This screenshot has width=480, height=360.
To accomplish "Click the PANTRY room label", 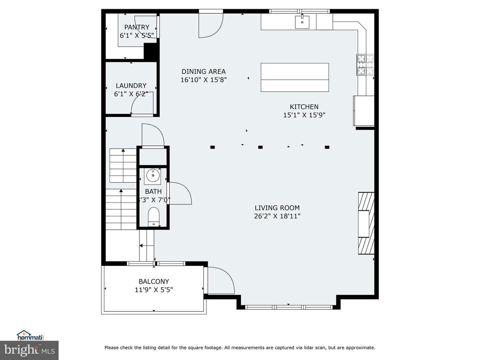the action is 137,27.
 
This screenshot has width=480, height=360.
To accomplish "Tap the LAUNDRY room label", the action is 131,86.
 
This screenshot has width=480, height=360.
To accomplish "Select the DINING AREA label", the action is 204,71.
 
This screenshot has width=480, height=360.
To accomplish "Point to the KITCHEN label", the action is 304,107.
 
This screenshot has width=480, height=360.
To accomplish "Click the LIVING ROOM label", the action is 277,208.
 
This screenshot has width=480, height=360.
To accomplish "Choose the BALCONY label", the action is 154,282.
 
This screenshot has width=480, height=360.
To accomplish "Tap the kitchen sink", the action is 302,22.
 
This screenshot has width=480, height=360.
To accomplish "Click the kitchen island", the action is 295,77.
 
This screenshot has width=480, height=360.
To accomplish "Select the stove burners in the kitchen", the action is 365,65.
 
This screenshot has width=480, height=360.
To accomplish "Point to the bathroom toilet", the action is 154,217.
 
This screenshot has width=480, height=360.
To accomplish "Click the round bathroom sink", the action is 153,176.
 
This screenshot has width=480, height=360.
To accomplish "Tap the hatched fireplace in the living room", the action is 366,223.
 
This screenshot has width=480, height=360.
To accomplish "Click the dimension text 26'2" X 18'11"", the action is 277,216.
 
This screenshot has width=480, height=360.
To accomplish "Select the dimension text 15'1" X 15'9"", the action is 304,115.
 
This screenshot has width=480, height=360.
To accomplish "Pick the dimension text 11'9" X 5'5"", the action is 154,290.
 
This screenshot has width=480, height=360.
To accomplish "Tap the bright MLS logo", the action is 29,350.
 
